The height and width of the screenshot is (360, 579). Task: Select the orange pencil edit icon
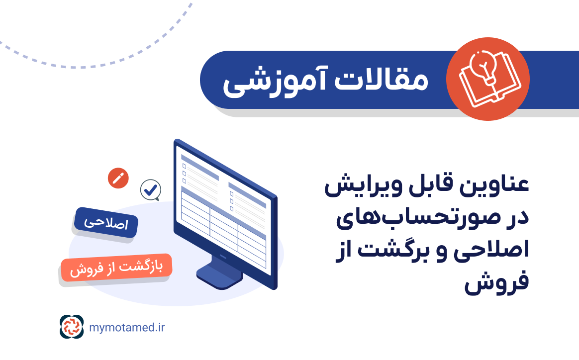(x=118, y=178)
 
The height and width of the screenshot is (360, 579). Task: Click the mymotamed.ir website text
(x=127, y=327)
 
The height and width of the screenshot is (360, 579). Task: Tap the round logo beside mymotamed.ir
(x=72, y=327)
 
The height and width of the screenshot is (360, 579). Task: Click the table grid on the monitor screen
(x=224, y=226)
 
